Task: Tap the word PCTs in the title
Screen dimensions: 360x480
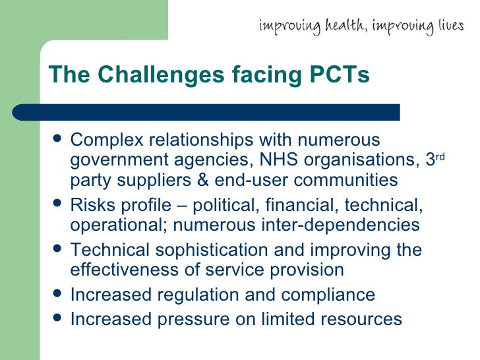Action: (339, 75)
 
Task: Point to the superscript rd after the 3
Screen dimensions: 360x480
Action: (441, 156)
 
